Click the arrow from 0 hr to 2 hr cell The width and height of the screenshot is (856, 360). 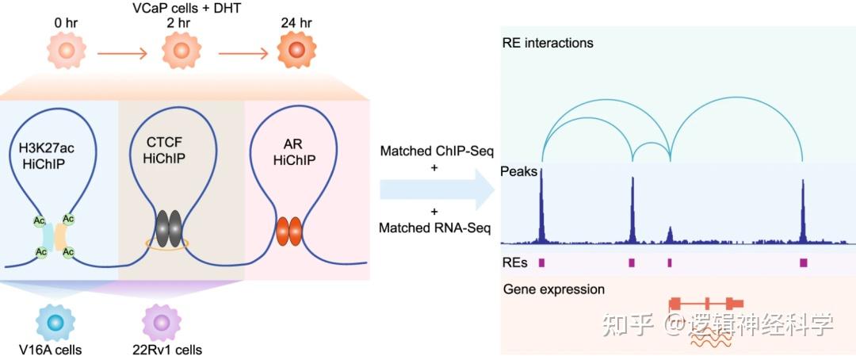pyautogui.click(x=122, y=54)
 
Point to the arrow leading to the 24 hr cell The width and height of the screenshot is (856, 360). pyautogui.click(x=243, y=54)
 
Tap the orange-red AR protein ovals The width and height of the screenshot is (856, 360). pyautogui.click(x=289, y=231)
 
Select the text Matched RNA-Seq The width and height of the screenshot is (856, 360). pyautogui.click(x=434, y=228)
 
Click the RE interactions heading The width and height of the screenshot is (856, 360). pyautogui.click(x=548, y=43)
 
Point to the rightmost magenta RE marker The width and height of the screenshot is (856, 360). pyautogui.click(x=803, y=262)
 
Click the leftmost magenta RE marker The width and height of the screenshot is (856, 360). pyautogui.click(x=541, y=262)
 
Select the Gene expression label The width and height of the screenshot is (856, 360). pyautogui.click(x=553, y=289)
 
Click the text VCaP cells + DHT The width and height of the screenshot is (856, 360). pyautogui.click(x=181, y=7)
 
